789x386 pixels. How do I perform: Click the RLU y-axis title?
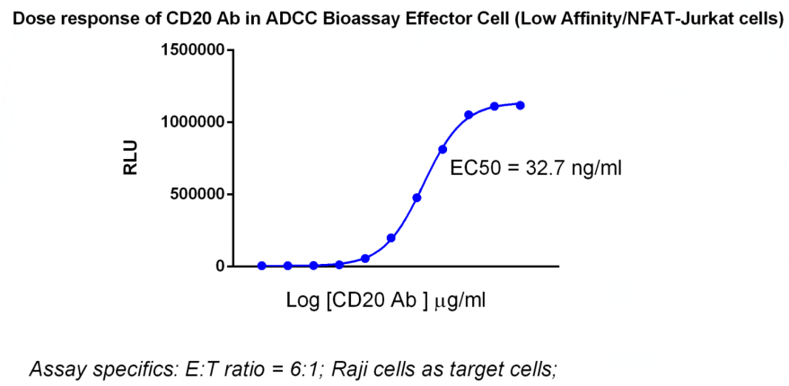[131, 158]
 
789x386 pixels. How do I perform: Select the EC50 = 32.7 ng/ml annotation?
[523, 169]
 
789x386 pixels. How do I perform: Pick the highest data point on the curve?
[521, 105]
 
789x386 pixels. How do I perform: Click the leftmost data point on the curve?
[262, 266]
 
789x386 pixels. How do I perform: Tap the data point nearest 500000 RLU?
[417, 197]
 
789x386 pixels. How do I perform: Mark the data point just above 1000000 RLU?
[469, 115]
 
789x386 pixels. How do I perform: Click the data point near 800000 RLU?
[443, 149]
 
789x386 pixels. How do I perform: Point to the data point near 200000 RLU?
[391, 238]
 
